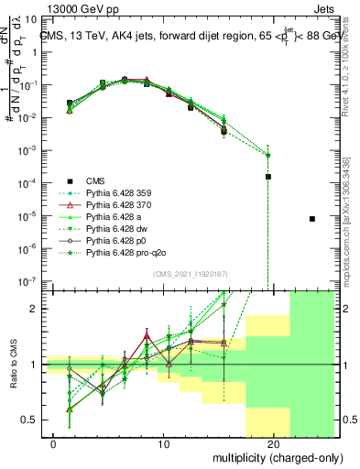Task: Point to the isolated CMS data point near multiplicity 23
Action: click(x=312, y=219)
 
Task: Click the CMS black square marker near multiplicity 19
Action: click(x=268, y=176)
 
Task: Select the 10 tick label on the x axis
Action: click(x=164, y=444)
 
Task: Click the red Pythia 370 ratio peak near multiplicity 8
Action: click(x=146, y=334)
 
